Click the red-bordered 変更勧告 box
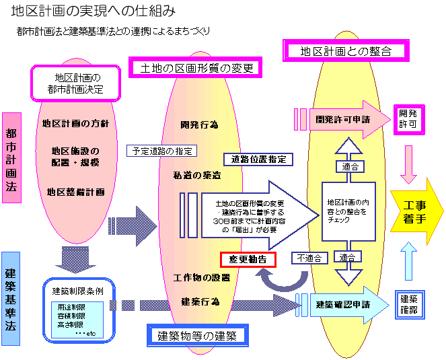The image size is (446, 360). coord(247,258)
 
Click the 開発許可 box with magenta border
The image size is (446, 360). coord(408,120)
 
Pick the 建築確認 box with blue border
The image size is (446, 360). coord(408,304)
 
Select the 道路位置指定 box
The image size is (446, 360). coord(258,159)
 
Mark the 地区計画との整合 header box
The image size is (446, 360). coord(345,50)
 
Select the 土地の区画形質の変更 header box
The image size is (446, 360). coord(194,68)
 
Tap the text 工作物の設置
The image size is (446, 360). coord(201,277)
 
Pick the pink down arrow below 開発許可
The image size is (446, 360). coord(409,164)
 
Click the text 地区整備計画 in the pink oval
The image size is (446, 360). coord(76,192)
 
